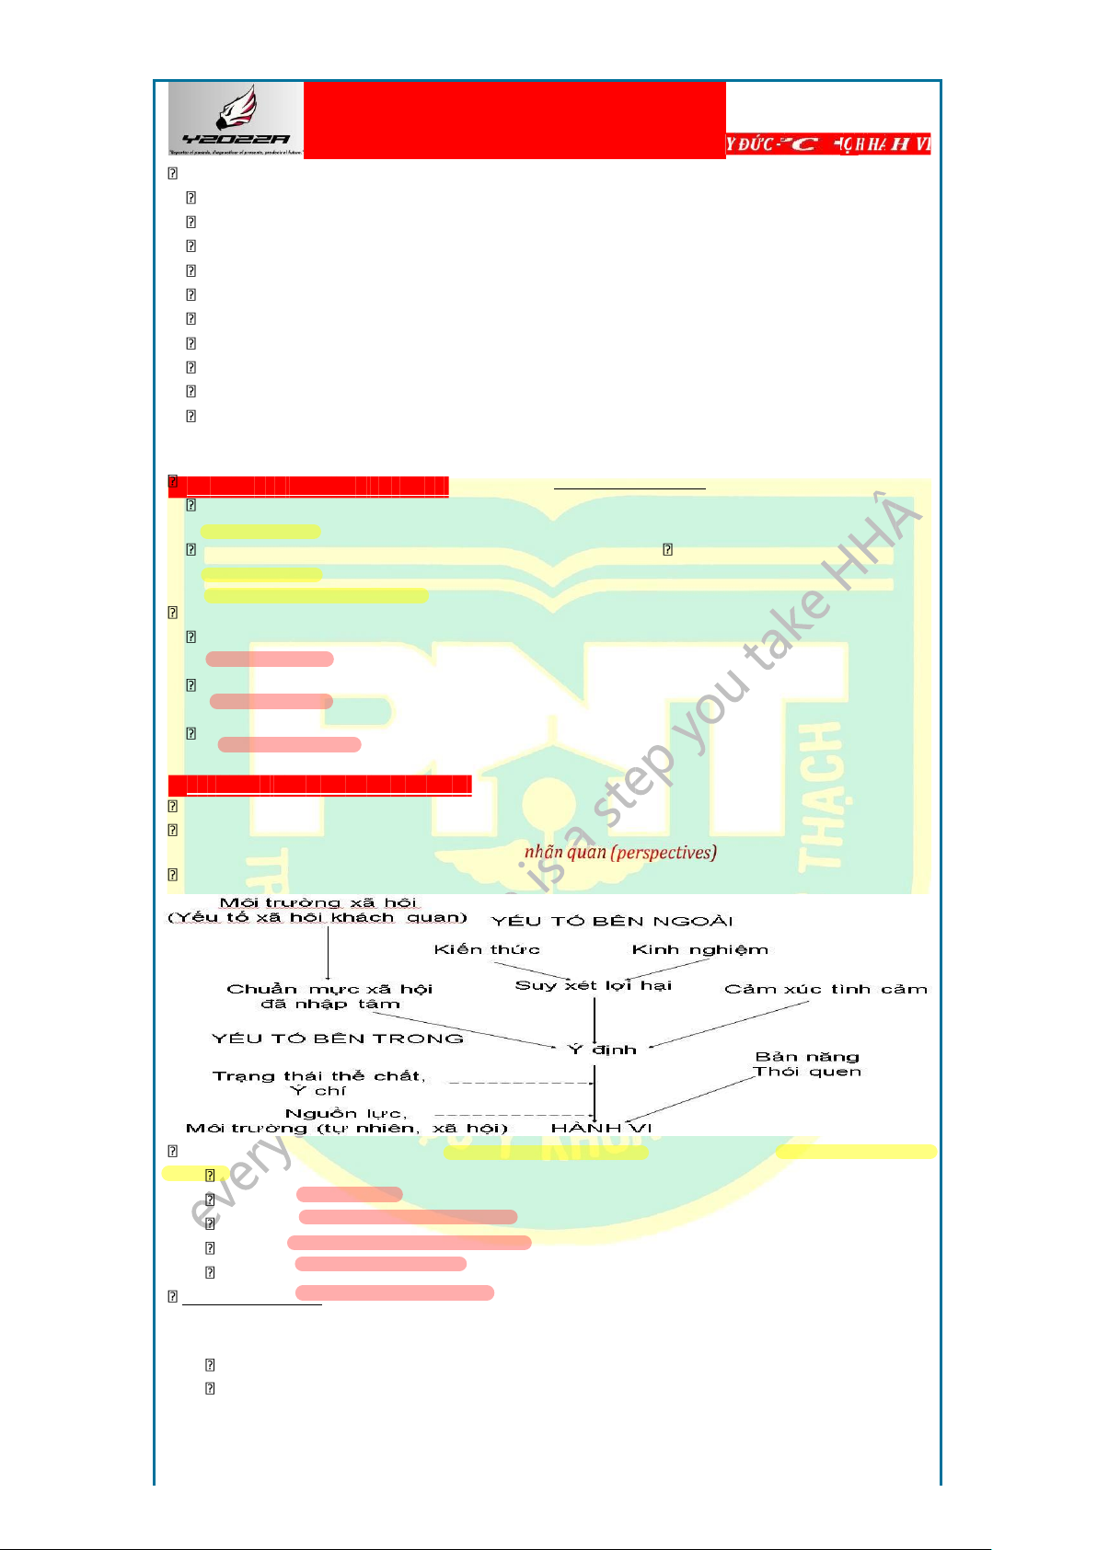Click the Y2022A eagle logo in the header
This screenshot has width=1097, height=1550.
(x=236, y=120)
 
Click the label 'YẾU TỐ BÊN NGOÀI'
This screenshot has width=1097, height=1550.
(x=612, y=921)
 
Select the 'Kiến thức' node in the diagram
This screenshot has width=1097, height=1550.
(x=487, y=949)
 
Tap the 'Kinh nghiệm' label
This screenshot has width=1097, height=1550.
(x=699, y=949)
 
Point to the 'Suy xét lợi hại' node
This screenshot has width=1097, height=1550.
(x=594, y=985)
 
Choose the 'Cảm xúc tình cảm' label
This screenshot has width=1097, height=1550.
(x=826, y=989)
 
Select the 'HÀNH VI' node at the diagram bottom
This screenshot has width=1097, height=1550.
(x=601, y=1128)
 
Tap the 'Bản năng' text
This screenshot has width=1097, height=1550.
(x=807, y=1057)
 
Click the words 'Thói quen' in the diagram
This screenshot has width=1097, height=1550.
(x=807, y=1071)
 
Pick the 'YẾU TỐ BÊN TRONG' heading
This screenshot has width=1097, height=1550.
(x=338, y=1039)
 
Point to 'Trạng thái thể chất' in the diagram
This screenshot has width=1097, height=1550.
(x=318, y=1076)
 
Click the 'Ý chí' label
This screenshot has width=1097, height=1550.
(x=318, y=1091)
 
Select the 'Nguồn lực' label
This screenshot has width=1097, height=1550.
(x=345, y=1113)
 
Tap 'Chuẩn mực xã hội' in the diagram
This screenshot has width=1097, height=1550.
(x=329, y=989)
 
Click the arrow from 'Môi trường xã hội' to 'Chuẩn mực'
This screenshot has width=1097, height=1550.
(x=329, y=952)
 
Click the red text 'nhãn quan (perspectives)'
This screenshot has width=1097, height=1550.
(x=620, y=852)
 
